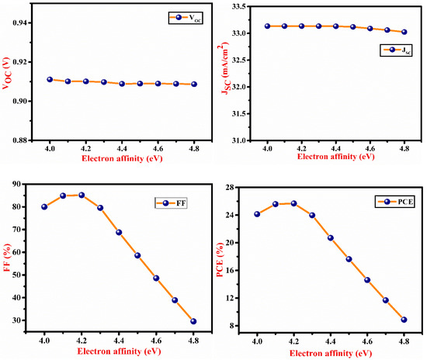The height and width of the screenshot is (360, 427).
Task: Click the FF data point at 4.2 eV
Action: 82,195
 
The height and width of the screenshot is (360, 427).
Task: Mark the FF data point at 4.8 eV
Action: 193,321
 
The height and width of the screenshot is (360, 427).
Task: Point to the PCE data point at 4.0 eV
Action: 257,214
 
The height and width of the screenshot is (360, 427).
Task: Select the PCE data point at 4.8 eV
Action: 404,320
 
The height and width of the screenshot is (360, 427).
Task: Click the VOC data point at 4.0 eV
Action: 50,79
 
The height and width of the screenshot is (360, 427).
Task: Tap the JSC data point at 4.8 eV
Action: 404,32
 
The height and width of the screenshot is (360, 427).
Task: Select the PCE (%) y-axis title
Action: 229,255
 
